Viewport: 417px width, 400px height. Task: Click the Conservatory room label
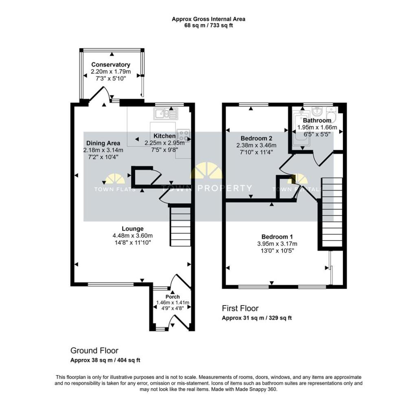[x=111, y=65]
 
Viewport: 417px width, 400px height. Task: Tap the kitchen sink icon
[x=165, y=114]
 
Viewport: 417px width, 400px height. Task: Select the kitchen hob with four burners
[x=184, y=136]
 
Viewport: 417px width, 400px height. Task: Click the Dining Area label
[x=103, y=143]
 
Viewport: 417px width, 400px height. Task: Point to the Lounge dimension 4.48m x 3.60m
[x=133, y=235]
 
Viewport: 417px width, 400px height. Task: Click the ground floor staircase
[x=180, y=226]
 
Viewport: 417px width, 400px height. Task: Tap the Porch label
[x=173, y=297]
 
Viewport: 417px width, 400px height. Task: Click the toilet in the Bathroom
[x=331, y=115]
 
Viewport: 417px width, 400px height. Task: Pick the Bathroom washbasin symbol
[x=317, y=110]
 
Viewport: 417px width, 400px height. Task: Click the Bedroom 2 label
[x=257, y=138]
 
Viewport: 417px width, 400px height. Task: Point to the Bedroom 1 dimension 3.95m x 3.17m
[x=277, y=244]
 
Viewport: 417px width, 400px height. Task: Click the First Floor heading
[x=240, y=308]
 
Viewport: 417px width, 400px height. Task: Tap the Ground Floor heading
[x=94, y=351]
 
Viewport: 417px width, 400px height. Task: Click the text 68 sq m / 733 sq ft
[x=208, y=26]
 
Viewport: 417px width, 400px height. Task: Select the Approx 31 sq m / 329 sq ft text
[x=257, y=318]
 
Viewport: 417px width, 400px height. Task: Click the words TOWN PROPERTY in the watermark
[x=207, y=188]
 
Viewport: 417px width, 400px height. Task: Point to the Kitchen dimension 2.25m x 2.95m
[x=165, y=143]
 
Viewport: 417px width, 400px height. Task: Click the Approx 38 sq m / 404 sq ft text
[x=105, y=360]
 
